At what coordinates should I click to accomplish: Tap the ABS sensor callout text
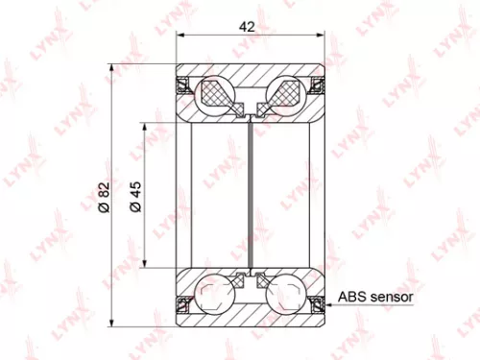coord(375,298)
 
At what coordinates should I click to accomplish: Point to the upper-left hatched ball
coord(216,94)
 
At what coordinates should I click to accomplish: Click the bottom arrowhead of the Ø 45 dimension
coord(146,266)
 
